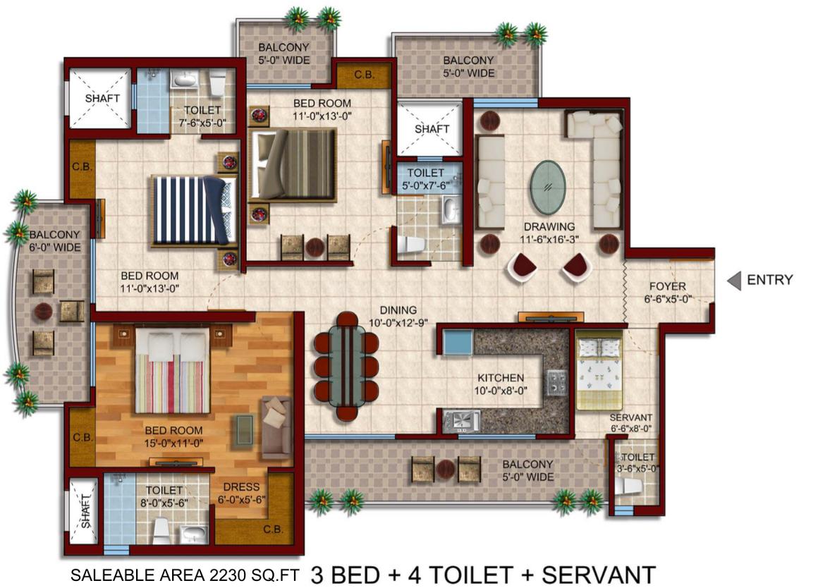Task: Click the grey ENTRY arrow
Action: [x=735, y=280]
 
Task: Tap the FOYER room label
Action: [x=667, y=286]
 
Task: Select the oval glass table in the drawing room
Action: [x=548, y=188]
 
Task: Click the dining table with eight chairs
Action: [x=346, y=365]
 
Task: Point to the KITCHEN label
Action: [x=501, y=378]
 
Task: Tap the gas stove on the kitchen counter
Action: [x=556, y=383]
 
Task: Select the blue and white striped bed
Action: [x=194, y=210]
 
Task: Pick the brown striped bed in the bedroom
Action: [x=292, y=164]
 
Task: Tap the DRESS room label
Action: [x=241, y=486]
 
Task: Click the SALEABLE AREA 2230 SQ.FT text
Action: [x=185, y=575]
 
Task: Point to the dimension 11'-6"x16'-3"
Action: [x=549, y=240]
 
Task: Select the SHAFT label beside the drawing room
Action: [x=432, y=128]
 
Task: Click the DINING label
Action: [x=398, y=310]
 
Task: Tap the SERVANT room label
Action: [x=630, y=417]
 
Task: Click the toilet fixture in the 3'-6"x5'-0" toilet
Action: [x=628, y=486]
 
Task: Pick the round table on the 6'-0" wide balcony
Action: [x=43, y=312]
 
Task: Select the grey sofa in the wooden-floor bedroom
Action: [x=276, y=424]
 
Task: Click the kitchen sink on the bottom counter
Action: [x=461, y=422]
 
